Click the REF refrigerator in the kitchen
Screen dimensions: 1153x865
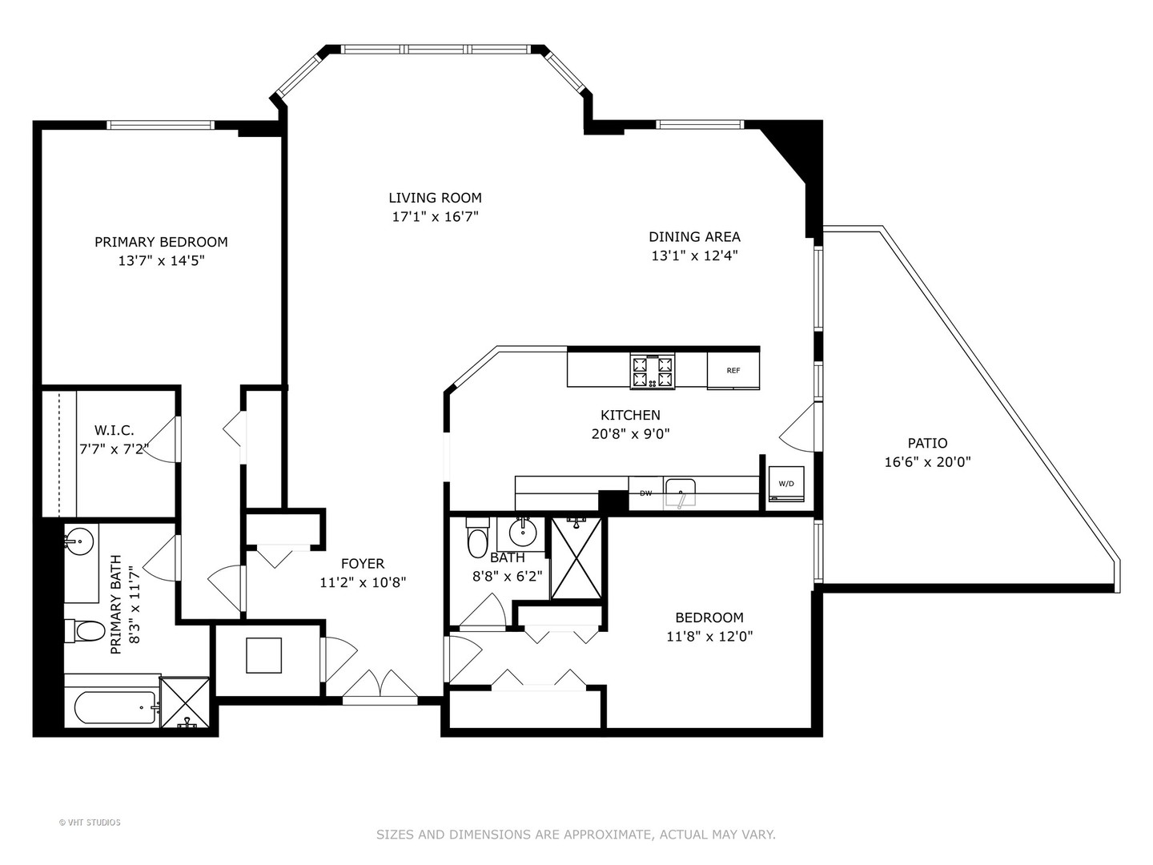[733, 370]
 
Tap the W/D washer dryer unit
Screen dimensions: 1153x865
[785, 484]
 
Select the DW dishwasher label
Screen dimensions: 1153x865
[645, 493]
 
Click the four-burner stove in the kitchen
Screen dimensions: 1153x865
[653, 372]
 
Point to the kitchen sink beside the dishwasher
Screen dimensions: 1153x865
[680, 492]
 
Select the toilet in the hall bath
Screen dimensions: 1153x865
[477, 537]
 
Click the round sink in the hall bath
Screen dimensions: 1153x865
[523, 533]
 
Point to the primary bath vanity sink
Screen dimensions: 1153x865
[79, 541]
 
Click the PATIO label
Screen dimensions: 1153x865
[928, 443]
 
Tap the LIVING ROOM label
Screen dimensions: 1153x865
[435, 198]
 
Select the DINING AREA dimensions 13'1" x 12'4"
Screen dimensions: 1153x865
[694, 255]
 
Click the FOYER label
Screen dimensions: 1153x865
[363, 564]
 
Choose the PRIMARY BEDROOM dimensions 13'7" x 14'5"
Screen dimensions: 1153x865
[161, 260]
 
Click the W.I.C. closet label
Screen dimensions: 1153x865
[114, 431]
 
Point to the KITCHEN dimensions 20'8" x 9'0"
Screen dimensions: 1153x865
[630, 434]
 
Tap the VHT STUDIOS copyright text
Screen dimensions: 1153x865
[90, 823]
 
